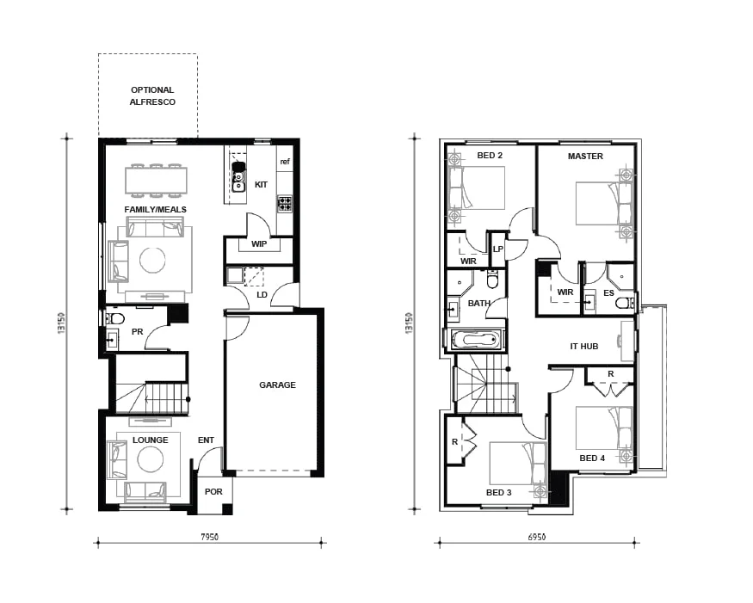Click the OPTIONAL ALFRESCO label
click(x=152, y=96)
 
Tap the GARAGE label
click(x=278, y=385)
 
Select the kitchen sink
click(x=238, y=177)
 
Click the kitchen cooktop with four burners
click(x=285, y=204)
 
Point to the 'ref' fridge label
click(x=285, y=162)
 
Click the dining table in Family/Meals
click(x=156, y=181)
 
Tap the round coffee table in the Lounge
click(x=151, y=459)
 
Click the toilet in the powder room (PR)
click(x=114, y=318)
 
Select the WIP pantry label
click(x=259, y=244)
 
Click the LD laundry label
click(x=262, y=295)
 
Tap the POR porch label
click(x=213, y=492)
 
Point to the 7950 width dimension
click(x=209, y=537)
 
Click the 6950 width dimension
click(x=537, y=537)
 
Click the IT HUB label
click(x=584, y=346)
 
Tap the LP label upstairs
click(x=498, y=249)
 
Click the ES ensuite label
click(x=609, y=292)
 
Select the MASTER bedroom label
click(x=585, y=156)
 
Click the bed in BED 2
click(x=477, y=188)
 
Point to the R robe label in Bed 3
click(x=454, y=441)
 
